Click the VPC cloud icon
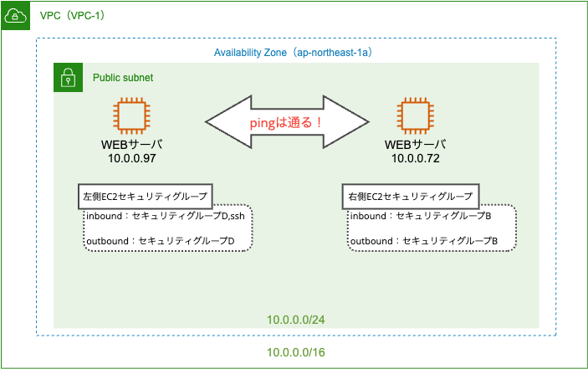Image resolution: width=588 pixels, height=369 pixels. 15,16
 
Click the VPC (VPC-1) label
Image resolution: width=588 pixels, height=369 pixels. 73,16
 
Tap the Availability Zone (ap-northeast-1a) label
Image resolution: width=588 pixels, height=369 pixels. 294,53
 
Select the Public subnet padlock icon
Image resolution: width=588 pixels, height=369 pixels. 69,77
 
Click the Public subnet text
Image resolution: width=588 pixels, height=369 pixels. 123,78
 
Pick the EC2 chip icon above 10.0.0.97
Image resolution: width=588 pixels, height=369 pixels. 131,115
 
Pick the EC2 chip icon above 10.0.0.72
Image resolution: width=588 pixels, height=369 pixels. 415,115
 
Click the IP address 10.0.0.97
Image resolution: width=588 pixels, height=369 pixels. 132,158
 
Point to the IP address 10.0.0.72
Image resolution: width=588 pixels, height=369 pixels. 416,158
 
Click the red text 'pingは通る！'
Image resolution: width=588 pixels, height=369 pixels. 286,123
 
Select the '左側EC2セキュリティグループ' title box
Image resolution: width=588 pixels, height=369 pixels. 146,196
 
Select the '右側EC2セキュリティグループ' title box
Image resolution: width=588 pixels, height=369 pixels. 411,196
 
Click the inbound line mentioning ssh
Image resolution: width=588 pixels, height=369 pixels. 166,216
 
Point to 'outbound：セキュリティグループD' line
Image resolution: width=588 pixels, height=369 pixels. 161,241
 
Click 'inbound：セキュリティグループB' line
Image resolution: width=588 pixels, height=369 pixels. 421,216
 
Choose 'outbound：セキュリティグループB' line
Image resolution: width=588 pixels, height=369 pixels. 424,241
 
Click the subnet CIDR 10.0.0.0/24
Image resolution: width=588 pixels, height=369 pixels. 296,320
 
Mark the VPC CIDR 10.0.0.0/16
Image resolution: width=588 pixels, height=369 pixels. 296,352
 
